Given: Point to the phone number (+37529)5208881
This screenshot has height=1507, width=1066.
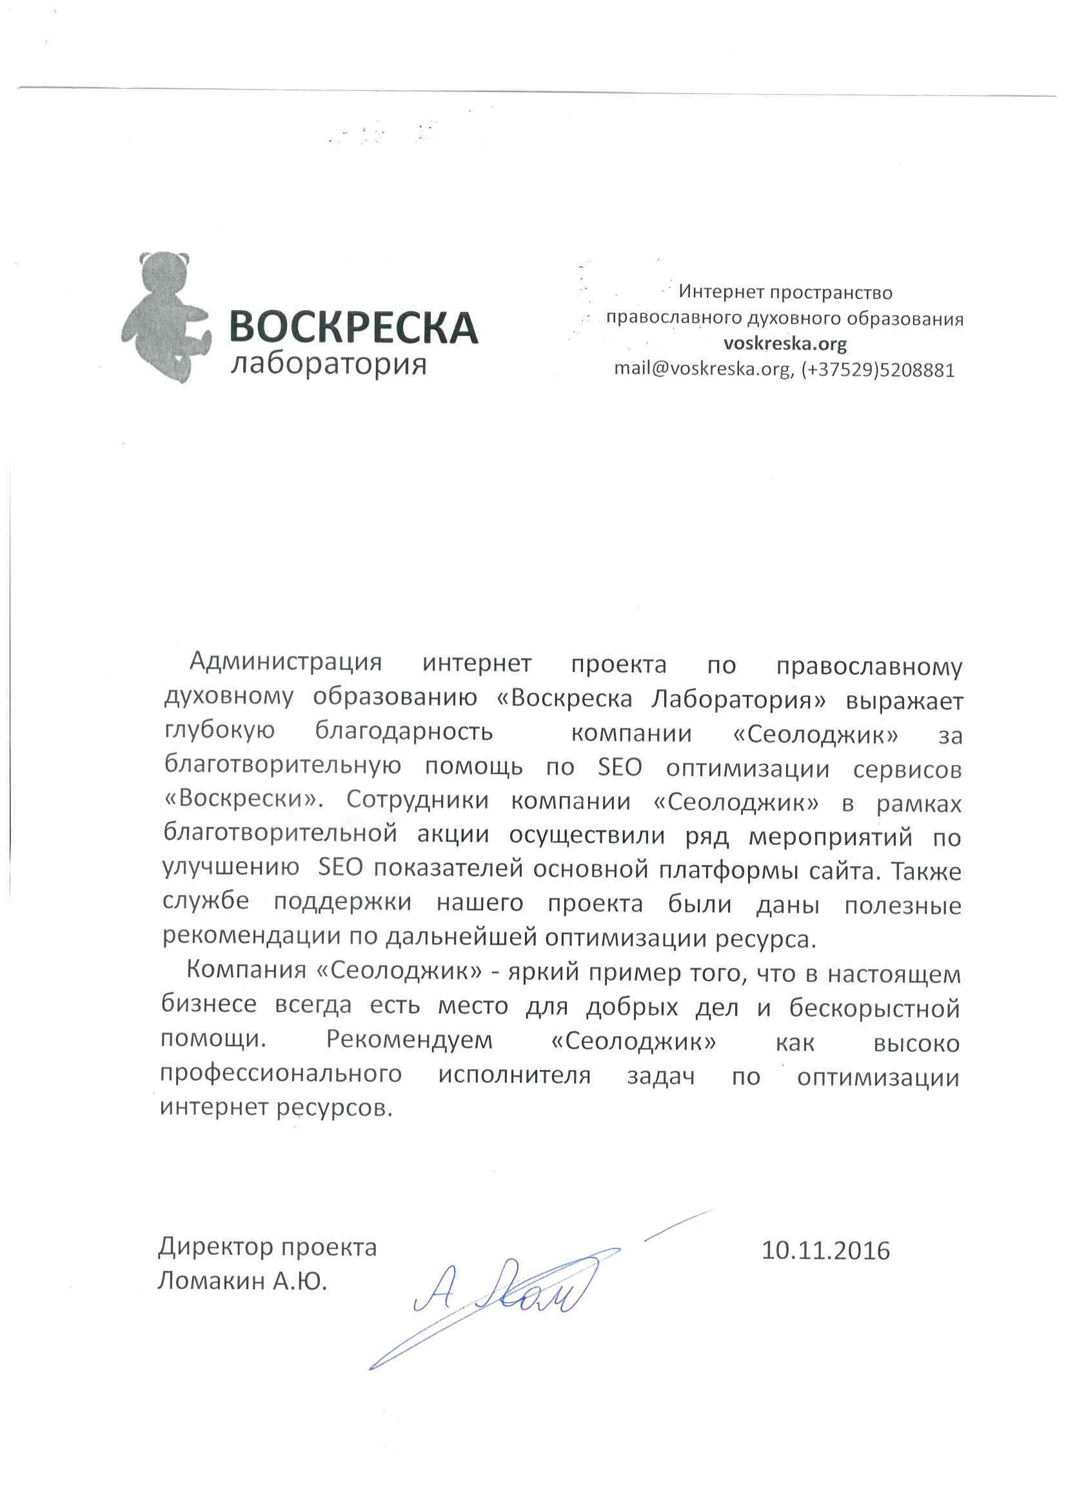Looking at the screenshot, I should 878,370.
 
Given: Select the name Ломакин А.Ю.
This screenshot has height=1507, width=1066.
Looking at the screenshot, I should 242,1280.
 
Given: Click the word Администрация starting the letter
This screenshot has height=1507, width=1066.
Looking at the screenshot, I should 285,663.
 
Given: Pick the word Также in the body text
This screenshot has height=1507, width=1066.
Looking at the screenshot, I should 927,871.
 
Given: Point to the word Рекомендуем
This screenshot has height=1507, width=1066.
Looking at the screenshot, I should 408,1042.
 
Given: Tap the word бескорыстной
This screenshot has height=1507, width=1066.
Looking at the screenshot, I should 874,1008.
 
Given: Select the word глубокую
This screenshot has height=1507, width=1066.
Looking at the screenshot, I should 219,731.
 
